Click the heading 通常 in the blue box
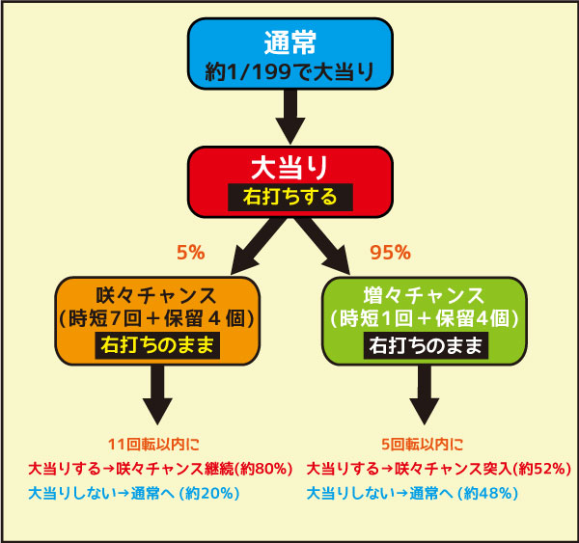click(290, 42)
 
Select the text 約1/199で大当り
click(289, 71)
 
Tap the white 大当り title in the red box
click(289, 168)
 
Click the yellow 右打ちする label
click(290, 197)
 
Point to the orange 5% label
click(190, 253)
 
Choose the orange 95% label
click(390, 253)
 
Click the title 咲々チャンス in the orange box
click(156, 296)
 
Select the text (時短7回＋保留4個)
click(157, 318)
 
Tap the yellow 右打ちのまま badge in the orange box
click(157, 345)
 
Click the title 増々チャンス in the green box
click(424, 296)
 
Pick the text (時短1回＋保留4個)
click(425, 318)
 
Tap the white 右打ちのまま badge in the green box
click(426, 345)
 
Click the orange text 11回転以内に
click(153, 444)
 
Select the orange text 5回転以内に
click(423, 444)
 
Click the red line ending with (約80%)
click(160, 469)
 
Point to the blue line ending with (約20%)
click(134, 493)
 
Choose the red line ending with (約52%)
click(439, 469)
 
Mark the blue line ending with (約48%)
click(412, 493)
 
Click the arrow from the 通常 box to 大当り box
click(290, 117)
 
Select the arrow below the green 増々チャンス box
click(425, 395)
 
